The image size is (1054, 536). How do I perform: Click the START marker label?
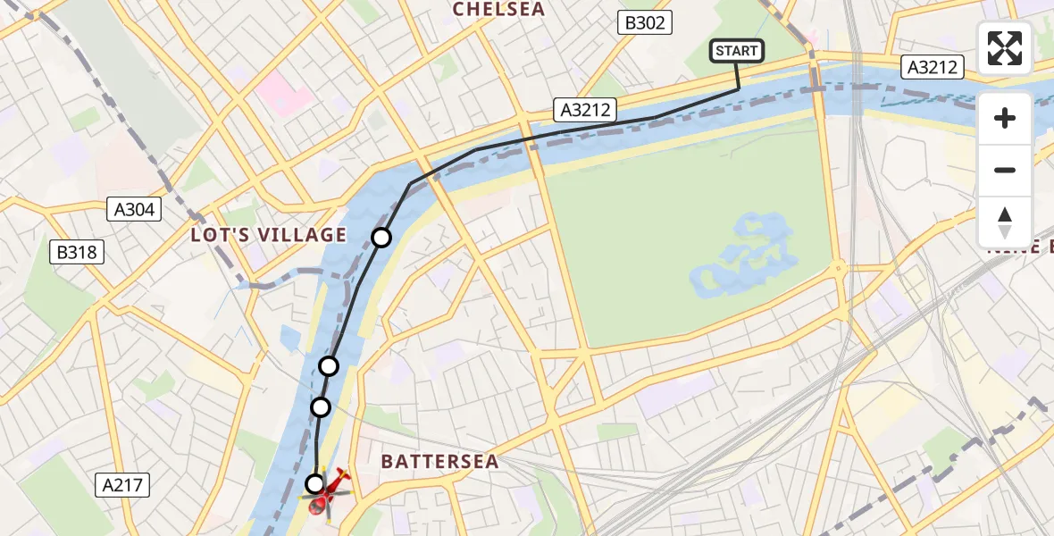point(737,51)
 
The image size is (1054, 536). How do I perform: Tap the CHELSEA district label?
point(498,9)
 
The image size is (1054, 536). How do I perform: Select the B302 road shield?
point(644,23)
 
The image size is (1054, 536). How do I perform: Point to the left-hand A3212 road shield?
point(585,110)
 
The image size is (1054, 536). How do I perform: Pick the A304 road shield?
point(135,210)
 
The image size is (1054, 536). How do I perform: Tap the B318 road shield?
point(77,253)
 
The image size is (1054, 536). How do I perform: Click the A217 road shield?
point(122,485)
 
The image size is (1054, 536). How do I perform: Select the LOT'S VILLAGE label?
point(268,235)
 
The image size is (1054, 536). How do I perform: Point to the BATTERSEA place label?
point(439,462)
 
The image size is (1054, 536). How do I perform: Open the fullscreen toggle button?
point(1005,48)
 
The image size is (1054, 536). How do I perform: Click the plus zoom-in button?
point(1005,118)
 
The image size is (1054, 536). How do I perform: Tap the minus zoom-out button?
point(1005,170)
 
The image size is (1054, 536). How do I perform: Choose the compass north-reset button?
point(1005,222)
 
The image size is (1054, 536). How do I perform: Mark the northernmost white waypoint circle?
point(381,237)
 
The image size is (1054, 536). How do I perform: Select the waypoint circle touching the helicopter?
point(314,484)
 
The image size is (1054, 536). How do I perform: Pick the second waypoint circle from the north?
point(329,365)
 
